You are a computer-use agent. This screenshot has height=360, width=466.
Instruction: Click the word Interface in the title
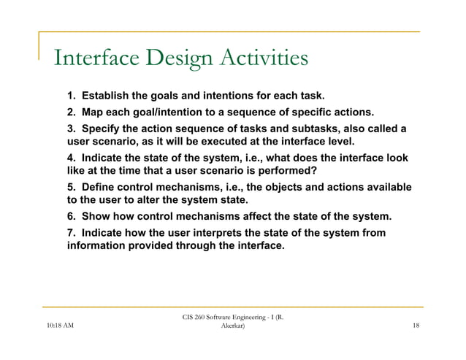[93, 58]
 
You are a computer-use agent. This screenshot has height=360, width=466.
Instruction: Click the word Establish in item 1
[107, 96]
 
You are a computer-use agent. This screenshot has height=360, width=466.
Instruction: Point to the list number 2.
[72, 112]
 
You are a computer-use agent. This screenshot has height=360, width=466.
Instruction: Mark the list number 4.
[72, 158]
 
